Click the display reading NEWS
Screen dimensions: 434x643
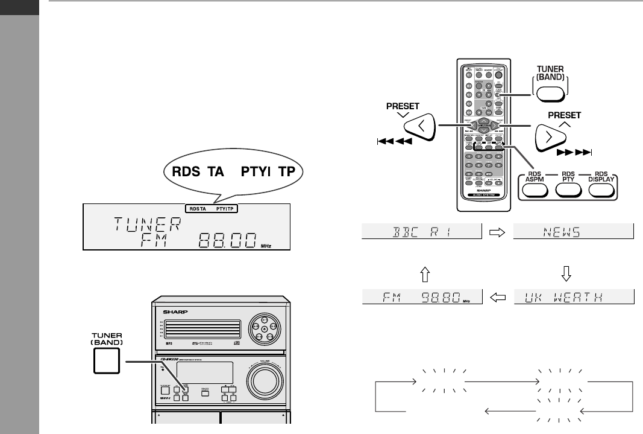[574, 231]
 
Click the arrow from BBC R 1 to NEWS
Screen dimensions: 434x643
[498, 231]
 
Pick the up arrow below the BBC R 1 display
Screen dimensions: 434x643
[422, 264]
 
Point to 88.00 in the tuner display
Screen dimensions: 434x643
[227, 238]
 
